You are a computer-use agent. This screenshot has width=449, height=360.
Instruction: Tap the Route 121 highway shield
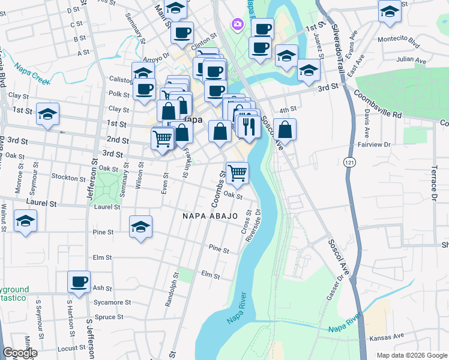350,162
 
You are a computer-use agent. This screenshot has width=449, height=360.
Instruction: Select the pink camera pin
238,24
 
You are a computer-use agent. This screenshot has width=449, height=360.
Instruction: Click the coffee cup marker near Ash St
79,282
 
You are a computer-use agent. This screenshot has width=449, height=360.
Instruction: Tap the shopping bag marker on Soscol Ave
286,129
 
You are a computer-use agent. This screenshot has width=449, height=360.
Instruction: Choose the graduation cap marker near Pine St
140,227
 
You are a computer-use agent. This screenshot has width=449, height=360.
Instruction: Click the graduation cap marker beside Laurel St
25,222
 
